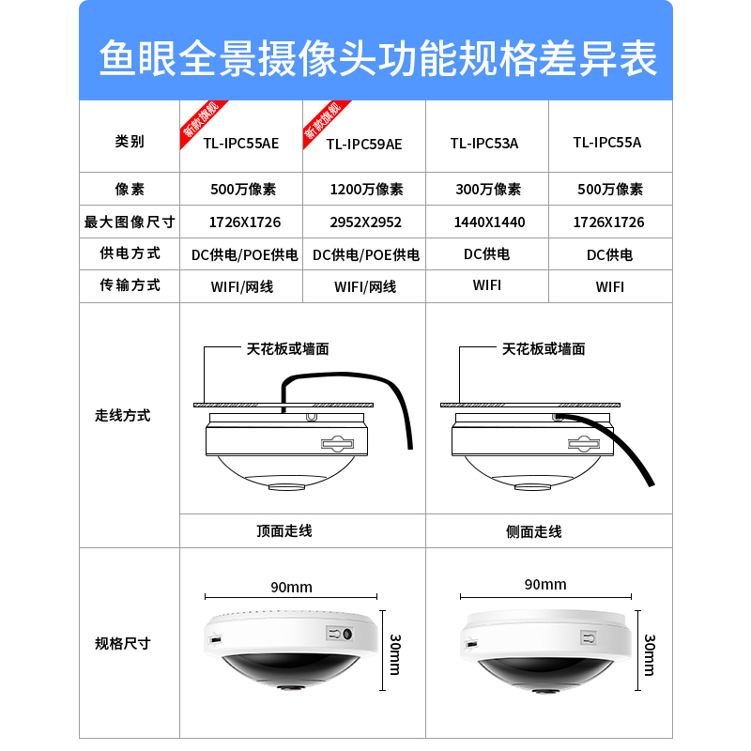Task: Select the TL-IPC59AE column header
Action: tap(364, 144)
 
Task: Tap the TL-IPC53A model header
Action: tap(484, 143)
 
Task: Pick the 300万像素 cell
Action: tap(488, 189)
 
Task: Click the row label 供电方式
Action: tap(130, 253)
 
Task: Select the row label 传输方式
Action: tap(130, 284)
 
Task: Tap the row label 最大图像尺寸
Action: tap(130, 222)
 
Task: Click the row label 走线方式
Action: tap(123, 415)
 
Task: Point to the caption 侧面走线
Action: tap(533, 531)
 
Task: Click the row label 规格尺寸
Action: tap(123, 643)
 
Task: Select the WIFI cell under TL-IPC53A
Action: tap(487, 284)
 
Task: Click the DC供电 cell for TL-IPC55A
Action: tap(609, 254)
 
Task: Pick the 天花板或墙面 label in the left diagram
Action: tap(287, 349)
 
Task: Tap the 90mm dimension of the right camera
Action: tap(545, 584)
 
